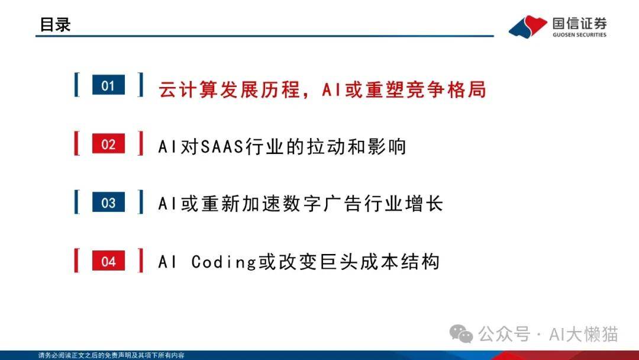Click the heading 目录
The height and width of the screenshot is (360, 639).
pos(55,24)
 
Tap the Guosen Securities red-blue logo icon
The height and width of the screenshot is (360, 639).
pos(528,27)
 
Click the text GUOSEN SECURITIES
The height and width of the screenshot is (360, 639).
pos(579,35)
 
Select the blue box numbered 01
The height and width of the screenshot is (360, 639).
pos(108,85)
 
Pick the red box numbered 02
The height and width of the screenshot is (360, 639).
pos(108,143)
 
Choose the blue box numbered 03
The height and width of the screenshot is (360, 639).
pos(108,202)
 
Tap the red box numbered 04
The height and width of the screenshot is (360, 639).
pos(108,261)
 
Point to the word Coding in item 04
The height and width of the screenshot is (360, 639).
pos(224,262)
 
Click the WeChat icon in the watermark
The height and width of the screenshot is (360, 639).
pos(461,334)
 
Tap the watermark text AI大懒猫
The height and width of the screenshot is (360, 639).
pos(583,335)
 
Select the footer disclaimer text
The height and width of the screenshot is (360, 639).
pos(111,355)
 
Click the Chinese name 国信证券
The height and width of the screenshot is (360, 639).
pos(579,24)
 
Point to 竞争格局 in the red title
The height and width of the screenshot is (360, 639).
pos(446,89)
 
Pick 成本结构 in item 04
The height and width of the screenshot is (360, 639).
pos(400,262)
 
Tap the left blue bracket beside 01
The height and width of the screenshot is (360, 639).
pos(77,85)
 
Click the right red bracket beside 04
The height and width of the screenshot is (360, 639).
pos(141,261)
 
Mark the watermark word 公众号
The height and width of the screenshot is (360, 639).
pos(504,335)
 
